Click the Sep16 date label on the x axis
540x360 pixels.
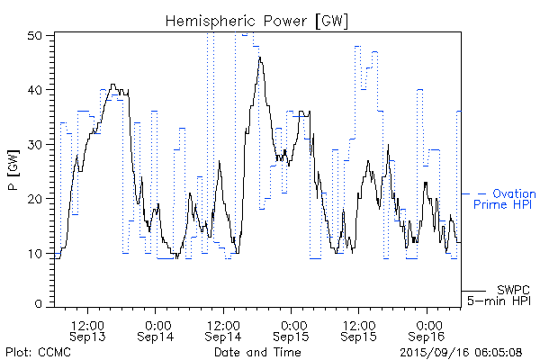[427, 336]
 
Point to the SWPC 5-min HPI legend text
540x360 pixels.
[499, 294]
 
